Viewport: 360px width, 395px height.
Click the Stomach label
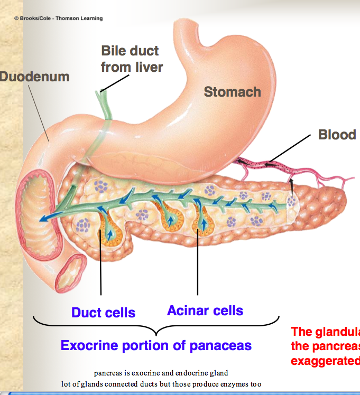click(232, 92)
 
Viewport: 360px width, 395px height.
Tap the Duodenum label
click(35, 77)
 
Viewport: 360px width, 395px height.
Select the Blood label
click(337, 135)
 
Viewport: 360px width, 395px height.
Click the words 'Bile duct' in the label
click(130, 52)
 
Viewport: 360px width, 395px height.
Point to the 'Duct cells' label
click(103, 313)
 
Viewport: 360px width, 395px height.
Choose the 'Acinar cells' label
click(205, 311)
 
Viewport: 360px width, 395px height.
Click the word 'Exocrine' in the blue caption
click(91, 346)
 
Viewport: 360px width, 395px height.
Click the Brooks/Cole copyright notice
click(58, 18)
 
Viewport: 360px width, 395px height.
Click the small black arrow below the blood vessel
click(291, 183)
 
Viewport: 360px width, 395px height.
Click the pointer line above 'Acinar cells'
click(198, 264)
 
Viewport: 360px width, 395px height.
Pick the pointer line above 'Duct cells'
click(100, 264)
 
